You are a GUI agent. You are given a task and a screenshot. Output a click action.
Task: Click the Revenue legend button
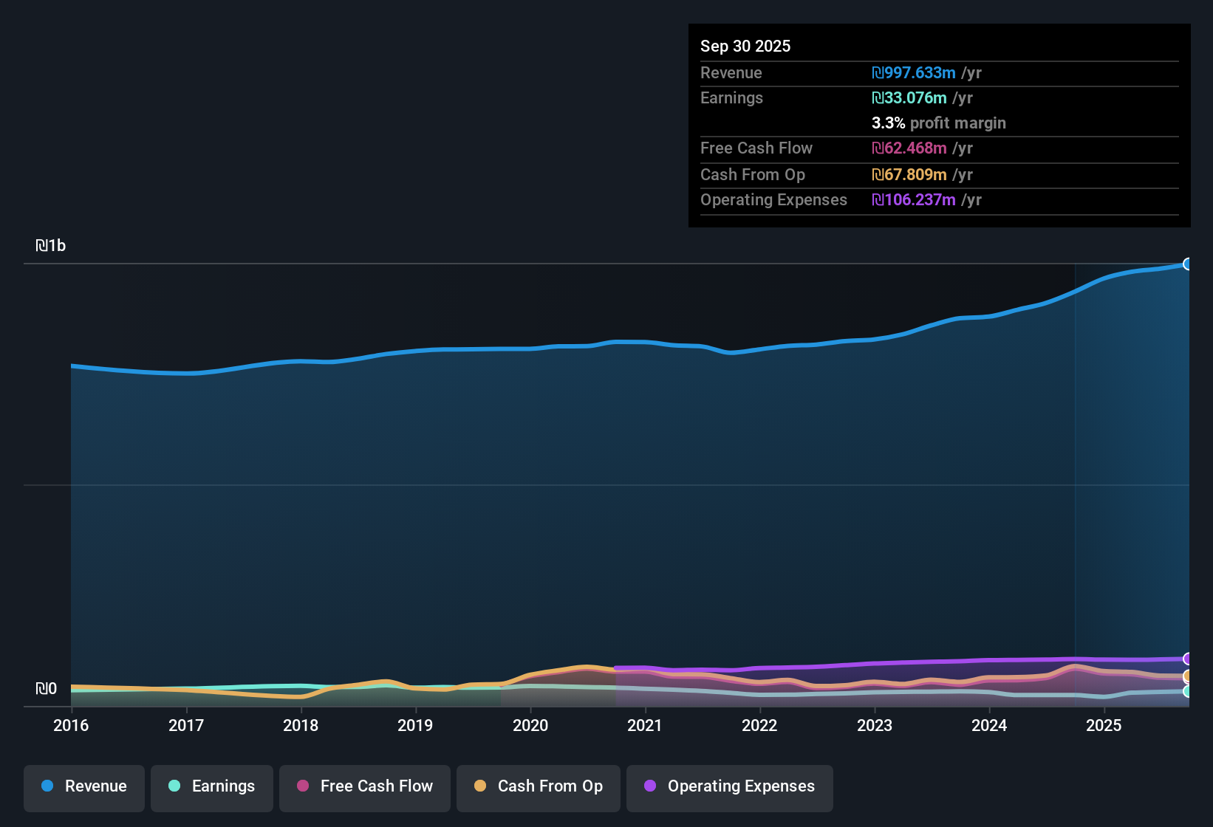coord(84,787)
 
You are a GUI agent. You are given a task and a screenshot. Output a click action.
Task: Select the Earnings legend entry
coord(212,787)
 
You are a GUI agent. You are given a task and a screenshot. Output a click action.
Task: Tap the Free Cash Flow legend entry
coord(365,787)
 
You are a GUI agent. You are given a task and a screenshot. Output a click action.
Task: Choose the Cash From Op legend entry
coord(539,787)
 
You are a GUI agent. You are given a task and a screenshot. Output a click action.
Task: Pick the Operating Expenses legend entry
coord(730,787)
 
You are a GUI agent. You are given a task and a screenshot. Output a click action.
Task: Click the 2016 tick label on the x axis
coord(71,726)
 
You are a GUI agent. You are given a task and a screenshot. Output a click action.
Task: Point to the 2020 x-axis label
coord(530,726)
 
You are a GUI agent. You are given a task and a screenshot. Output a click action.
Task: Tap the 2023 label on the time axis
coord(875,726)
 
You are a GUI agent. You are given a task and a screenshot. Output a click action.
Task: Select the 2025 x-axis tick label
coord(1104,726)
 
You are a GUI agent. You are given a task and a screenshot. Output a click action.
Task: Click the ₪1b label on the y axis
coord(51,246)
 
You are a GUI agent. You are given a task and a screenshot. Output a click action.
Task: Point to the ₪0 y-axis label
coord(47,689)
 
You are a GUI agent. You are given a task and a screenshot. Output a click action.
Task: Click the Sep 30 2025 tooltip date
coord(745,47)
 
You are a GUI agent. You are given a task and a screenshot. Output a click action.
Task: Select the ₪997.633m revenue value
coord(914,73)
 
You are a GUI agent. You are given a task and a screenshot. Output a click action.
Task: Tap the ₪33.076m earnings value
coord(909,98)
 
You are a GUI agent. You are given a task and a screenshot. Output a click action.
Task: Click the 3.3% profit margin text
coord(938,123)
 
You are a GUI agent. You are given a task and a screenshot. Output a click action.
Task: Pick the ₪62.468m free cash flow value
coord(909,148)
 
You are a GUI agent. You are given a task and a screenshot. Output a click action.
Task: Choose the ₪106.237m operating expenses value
coord(914,200)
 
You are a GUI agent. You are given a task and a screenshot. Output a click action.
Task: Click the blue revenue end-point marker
coord(1188,264)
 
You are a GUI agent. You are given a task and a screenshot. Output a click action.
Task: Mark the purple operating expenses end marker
coord(1188,659)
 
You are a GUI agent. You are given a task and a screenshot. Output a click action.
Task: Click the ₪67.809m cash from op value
coord(909,175)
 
